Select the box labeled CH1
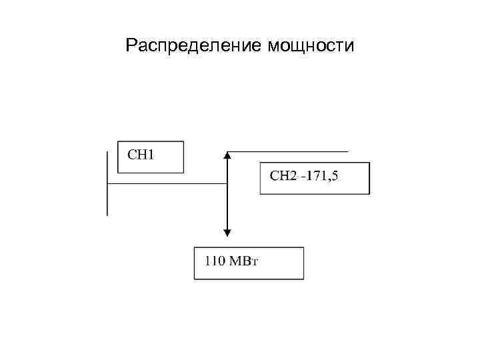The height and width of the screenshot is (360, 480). tap(150, 157)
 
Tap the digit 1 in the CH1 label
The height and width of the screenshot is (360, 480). tap(151, 155)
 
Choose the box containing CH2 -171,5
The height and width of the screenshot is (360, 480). tap(314, 177)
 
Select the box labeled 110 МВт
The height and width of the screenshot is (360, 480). tap(249, 263)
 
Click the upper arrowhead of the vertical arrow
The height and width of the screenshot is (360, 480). tap(227, 155)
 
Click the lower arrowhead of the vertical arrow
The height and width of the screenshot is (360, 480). tap(227, 233)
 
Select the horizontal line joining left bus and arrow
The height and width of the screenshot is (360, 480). tap(167, 183)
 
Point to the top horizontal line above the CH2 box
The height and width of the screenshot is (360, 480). tap(287, 151)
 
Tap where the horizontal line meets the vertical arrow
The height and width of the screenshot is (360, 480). tap(227, 183)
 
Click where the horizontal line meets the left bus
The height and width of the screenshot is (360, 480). tap(107, 183)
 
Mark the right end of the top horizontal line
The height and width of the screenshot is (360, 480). tap(347, 151)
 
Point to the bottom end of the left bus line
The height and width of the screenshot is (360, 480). tap(107, 215)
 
